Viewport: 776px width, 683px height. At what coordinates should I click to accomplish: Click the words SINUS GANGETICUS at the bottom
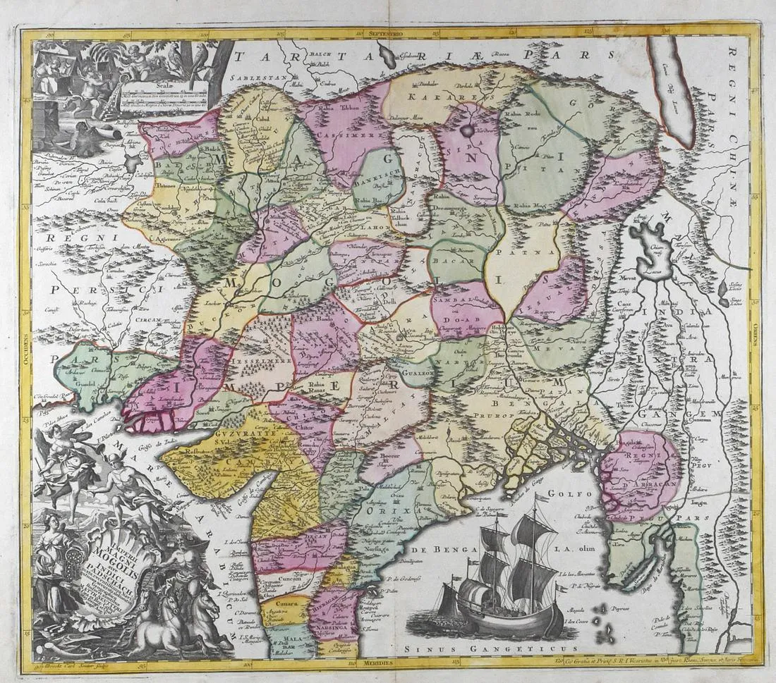coord(487,645)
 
